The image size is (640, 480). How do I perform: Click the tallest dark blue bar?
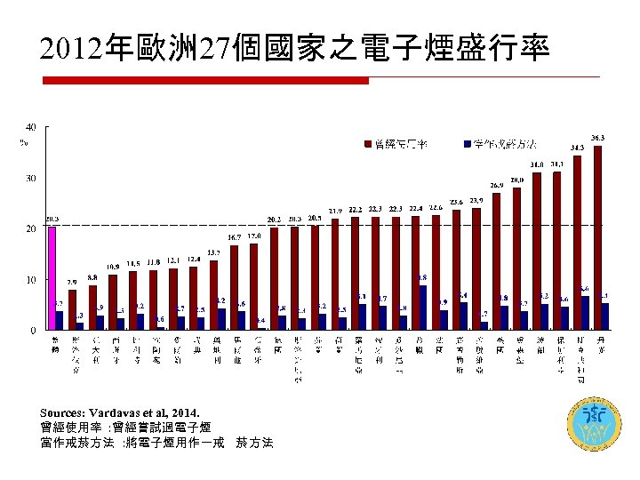click(x=422, y=308)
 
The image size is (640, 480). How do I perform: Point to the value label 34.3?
click(x=577, y=148)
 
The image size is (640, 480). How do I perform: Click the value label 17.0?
click(x=254, y=236)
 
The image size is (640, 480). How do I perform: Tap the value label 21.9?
click(x=336, y=211)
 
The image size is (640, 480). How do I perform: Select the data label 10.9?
click(x=113, y=267)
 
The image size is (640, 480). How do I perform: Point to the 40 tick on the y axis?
click(x=31, y=127)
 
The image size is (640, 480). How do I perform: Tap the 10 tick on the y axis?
click(x=31, y=280)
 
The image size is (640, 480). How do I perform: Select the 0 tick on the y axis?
click(x=34, y=331)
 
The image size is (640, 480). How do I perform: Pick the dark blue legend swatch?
click(x=467, y=143)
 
